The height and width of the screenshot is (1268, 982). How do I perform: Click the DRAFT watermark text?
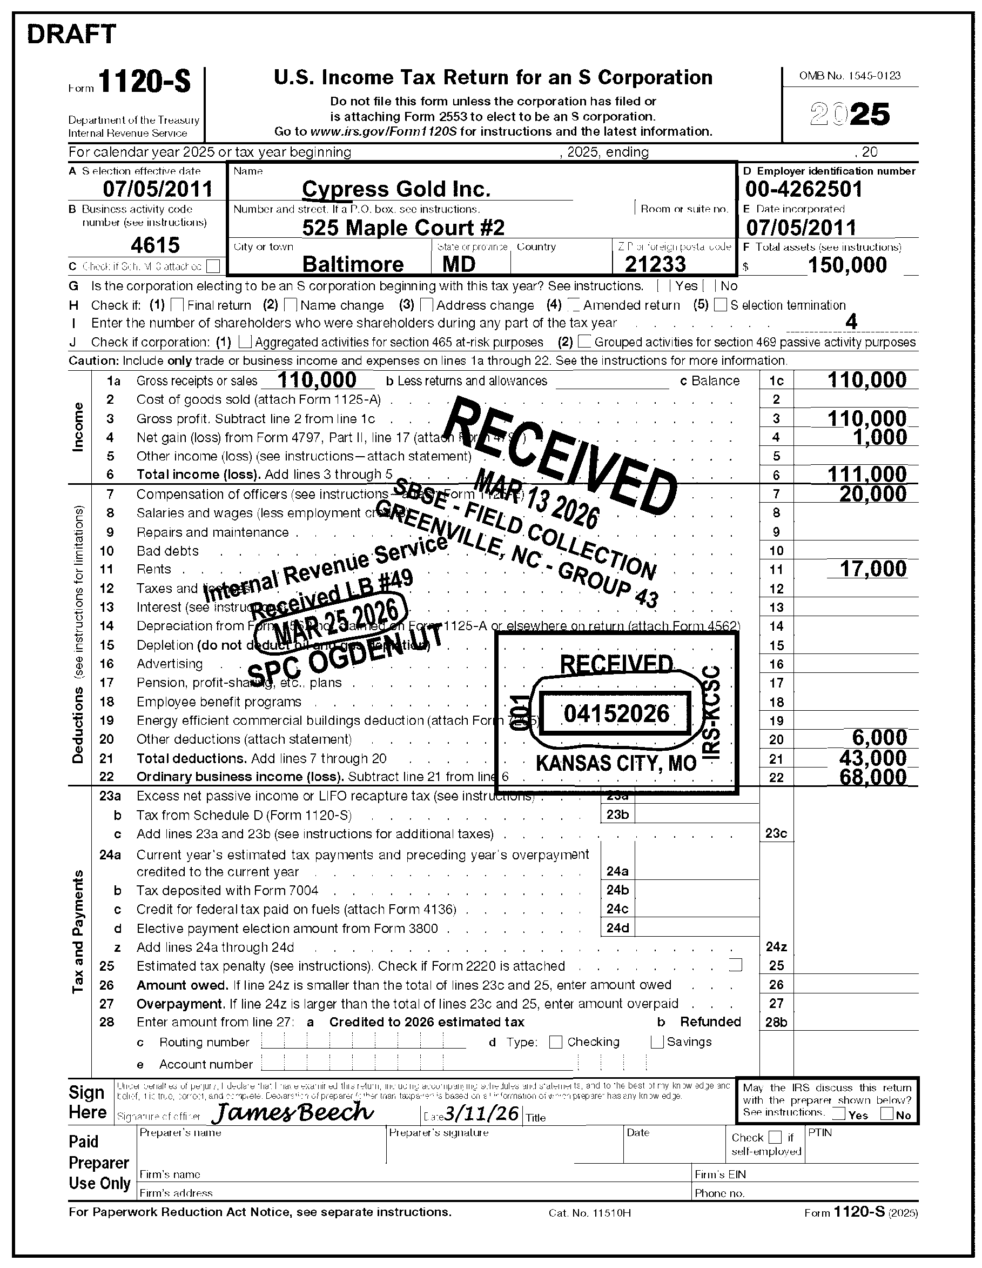(x=71, y=34)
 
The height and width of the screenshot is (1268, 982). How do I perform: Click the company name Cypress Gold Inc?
(x=396, y=189)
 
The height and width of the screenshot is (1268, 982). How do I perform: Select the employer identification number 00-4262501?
(x=803, y=189)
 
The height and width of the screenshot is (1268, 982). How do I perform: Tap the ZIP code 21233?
(x=655, y=264)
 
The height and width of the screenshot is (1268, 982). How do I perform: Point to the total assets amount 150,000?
(x=847, y=265)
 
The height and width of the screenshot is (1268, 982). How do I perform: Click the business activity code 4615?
(x=155, y=245)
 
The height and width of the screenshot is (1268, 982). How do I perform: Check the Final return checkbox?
(x=178, y=305)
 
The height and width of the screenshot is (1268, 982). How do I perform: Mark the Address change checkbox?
(x=427, y=305)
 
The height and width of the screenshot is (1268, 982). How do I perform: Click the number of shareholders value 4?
(x=851, y=322)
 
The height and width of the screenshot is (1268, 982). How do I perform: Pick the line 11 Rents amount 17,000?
(x=873, y=569)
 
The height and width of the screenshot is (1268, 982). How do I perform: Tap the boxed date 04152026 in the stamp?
(x=616, y=713)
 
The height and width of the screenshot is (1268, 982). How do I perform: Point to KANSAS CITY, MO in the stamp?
(x=616, y=763)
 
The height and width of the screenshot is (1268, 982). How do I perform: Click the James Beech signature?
(x=293, y=1111)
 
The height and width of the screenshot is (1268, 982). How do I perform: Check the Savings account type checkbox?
(x=657, y=1042)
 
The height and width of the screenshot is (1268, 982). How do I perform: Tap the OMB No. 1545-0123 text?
(x=850, y=76)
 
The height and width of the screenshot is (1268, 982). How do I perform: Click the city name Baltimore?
(x=353, y=264)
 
